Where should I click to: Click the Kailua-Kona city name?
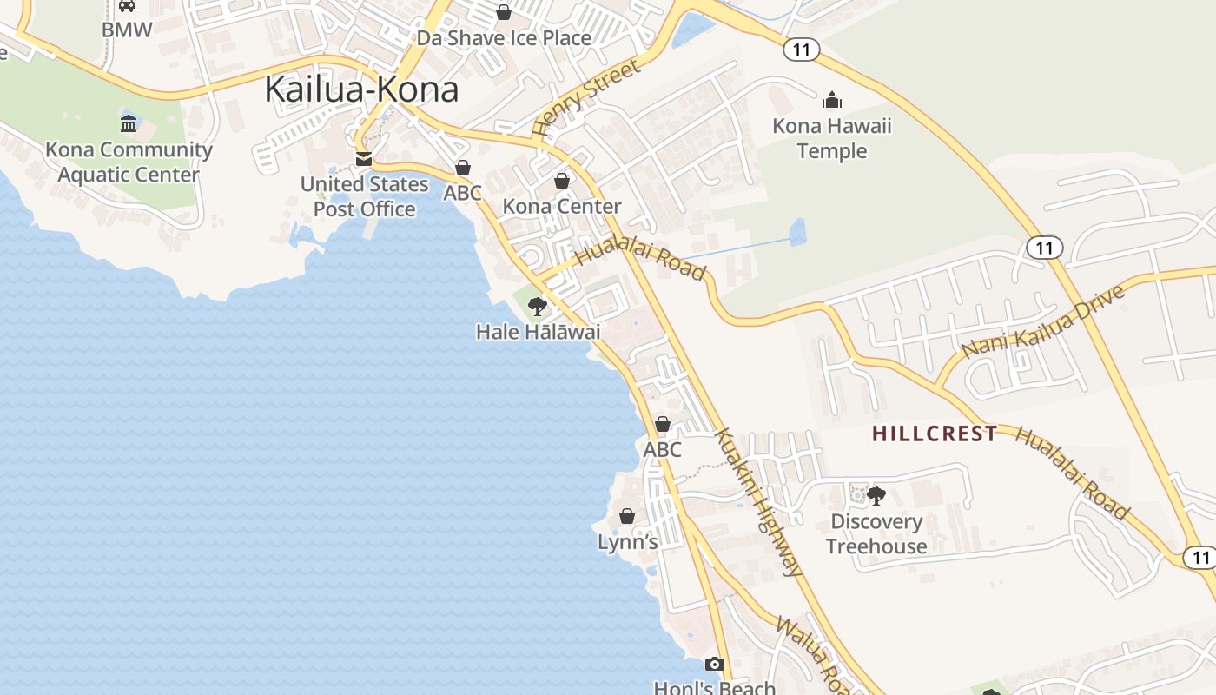pos(361,89)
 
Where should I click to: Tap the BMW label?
pos(127,30)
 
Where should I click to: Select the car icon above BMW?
pos(127,5)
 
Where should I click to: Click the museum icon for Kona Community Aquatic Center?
pos(129,123)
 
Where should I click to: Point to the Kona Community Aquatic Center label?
pos(129,162)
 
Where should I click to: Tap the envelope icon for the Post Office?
pos(364,159)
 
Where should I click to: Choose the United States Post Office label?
pos(365,196)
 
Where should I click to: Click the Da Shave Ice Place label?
pos(504,38)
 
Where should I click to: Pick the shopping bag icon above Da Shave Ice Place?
pos(503,12)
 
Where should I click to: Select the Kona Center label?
pos(562,206)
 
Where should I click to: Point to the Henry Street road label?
pos(585,97)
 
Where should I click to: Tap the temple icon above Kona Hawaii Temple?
pos(832,100)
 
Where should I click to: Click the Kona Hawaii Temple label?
pos(832,138)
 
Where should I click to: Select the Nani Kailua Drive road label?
pos(1044,320)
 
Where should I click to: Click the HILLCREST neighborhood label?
pos(935,434)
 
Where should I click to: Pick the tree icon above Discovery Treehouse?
pos(876,496)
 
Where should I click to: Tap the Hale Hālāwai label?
pos(538,332)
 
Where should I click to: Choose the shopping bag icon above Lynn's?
pos(627,516)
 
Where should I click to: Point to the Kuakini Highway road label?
pos(757,502)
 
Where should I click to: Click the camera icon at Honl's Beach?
pos(714,665)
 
